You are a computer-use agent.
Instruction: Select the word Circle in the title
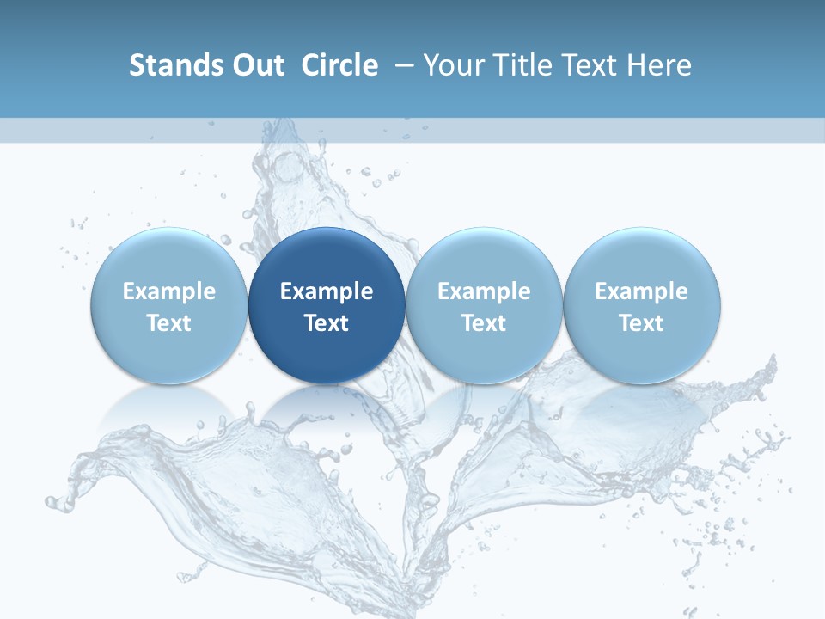pyautogui.click(x=339, y=65)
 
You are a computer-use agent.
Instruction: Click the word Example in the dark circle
pyautogui.click(x=327, y=291)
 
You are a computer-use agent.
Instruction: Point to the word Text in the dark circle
pyautogui.click(x=327, y=323)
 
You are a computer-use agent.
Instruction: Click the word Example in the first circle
pyautogui.click(x=168, y=291)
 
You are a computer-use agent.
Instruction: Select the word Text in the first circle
pyautogui.click(x=168, y=323)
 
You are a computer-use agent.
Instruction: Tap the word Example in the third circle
pyautogui.click(x=484, y=291)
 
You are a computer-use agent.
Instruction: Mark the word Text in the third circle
pyautogui.click(x=484, y=323)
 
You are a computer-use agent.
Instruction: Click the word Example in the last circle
pyautogui.click(x=641, y=291)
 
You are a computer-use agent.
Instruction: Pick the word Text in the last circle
pyautogui.click(x=641, y=323)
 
